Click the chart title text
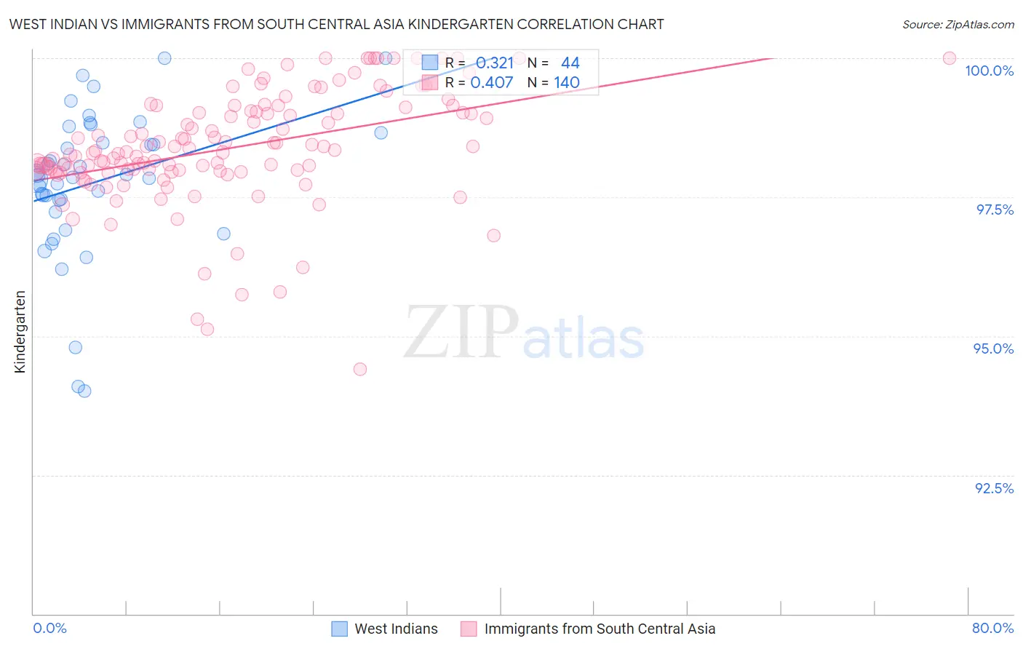[x=336, y=24]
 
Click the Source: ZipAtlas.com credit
[x=958, y=24]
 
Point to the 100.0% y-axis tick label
[x=989, y=71]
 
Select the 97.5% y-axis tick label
[x=995, y=210]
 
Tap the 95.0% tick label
[x=993, y=349]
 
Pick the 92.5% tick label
[x=994, y=488]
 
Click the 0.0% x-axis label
[x=49, y=628]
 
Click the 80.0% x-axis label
[x=992, y=628]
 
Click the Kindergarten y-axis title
[x=20, y=332]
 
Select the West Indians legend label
[x=396, y=629]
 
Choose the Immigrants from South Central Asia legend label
[x=600, y=629]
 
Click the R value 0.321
[x=495, y=63]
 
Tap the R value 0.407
[x=492, y=82]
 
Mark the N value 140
[x=567, y=82]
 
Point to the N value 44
[x=570, y=63]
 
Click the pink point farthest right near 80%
[x=949, y=58]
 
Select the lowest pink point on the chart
[x=359, y=369]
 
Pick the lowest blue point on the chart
[x=84, y=391]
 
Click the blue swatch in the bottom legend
[x=339, y=629]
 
